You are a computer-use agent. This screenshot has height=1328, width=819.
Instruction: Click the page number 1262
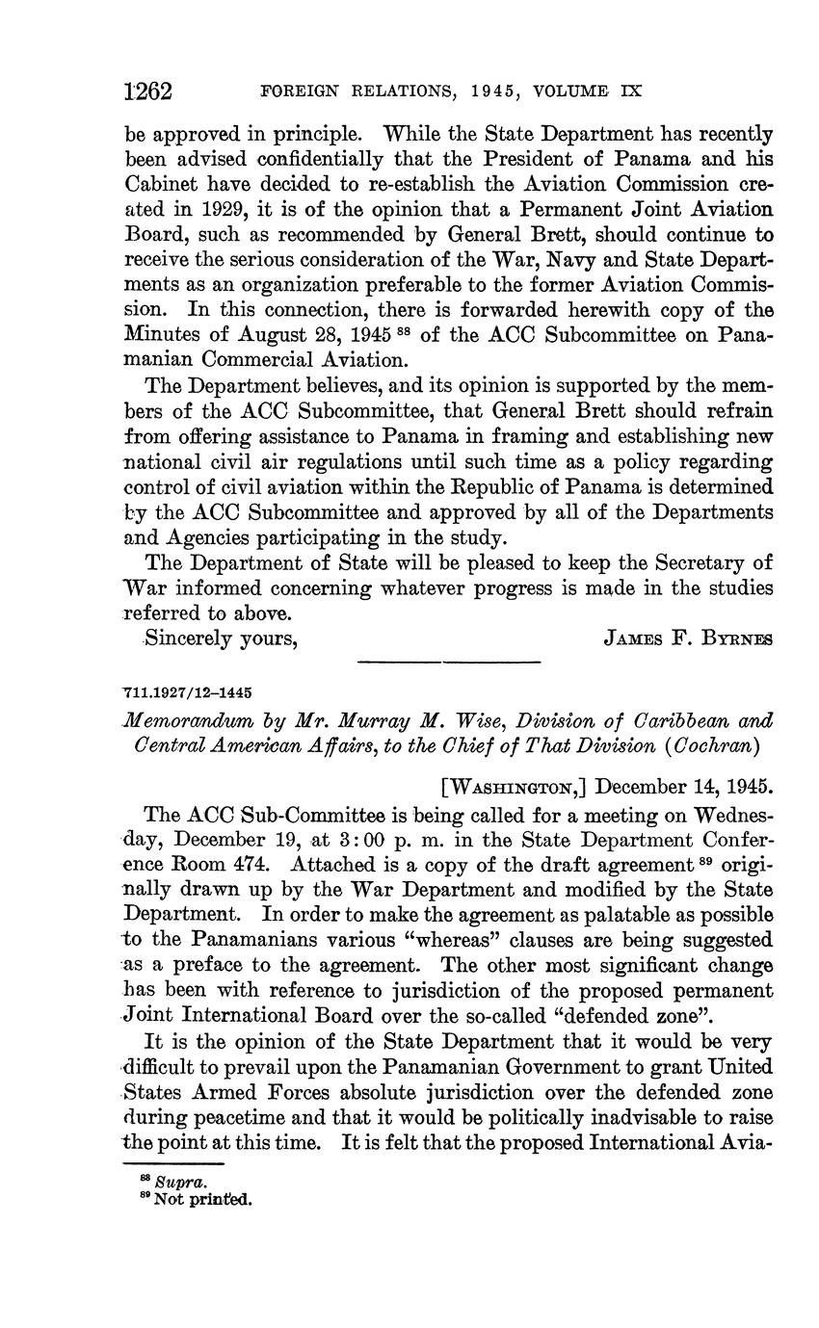click(148, 91)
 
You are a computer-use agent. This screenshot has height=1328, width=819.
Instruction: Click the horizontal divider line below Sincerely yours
click(448, 662)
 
